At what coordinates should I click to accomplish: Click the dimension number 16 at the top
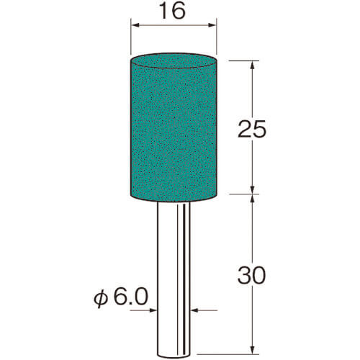(173, 12)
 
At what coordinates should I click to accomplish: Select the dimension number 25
(252, 129)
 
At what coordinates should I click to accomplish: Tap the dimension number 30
(252, 275)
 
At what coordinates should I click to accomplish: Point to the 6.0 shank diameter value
(130, 297)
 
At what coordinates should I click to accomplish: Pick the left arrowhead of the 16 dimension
(136, 25)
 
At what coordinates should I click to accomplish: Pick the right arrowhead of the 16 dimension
(212, 25)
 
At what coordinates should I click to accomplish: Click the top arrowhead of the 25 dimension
(252, 65)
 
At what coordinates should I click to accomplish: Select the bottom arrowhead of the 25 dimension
(252, 189)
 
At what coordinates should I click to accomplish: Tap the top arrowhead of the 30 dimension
(252, 199)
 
